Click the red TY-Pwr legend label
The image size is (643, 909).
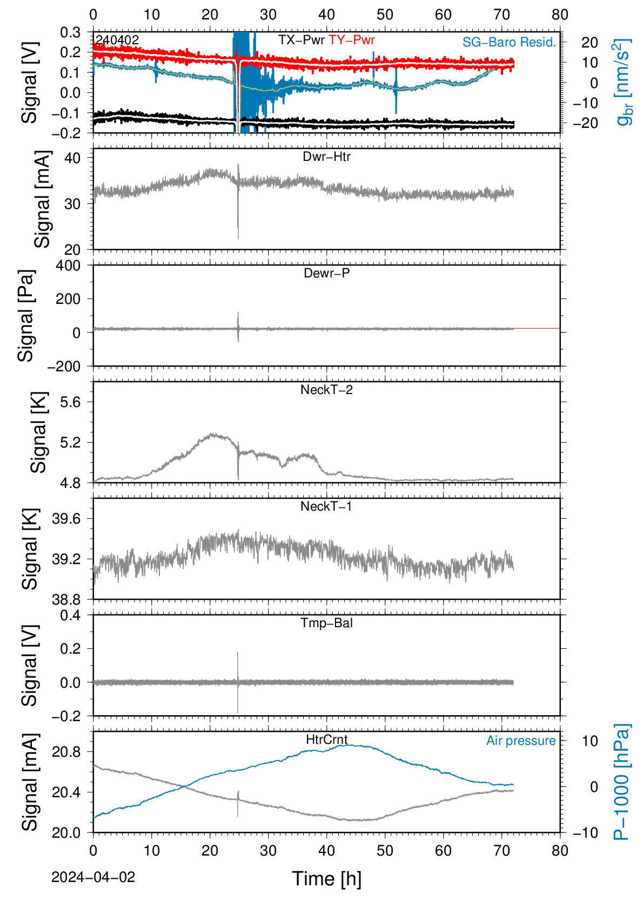click(352, 40)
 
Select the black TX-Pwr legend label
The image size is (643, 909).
click(302, 40)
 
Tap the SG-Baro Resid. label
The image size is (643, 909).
click(509, 42)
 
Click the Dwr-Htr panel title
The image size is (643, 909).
click(326, 157)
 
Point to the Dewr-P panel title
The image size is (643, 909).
click(326, 273)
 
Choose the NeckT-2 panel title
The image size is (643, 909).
click(326, 390)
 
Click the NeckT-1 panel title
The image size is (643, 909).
click(326, 506)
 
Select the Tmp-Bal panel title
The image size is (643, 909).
click(326, 622)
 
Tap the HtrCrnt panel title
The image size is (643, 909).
click(326, 740)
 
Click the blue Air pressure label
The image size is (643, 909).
click(521, 741)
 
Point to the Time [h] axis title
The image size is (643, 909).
click(326, 879)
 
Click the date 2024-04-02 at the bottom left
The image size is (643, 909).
click(93, 877)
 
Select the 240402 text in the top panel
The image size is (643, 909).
click(117, 40)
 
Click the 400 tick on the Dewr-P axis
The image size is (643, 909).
click(69, 266)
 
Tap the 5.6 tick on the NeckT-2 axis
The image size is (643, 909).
click(71, 402)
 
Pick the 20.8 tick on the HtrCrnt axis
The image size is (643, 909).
click(66, 752)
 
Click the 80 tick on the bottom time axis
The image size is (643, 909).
click(560, 851)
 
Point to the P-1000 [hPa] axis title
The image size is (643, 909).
click(621, 782)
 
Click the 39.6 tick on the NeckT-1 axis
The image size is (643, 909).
click(66, 519)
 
